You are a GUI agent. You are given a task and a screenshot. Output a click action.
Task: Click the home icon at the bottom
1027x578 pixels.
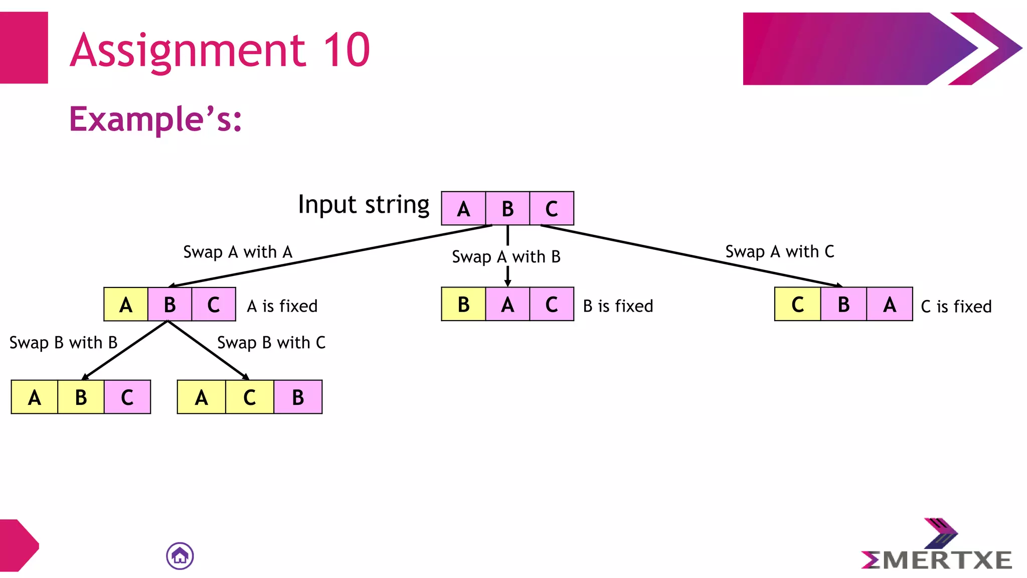click(x=180, y=556)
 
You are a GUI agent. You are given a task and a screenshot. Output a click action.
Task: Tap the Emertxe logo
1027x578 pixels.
click(x=937, y=547)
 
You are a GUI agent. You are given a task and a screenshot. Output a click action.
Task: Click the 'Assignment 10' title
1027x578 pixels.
click(x=220, y=50)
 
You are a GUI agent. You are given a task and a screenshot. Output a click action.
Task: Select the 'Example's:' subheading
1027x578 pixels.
click(x=155, y=119)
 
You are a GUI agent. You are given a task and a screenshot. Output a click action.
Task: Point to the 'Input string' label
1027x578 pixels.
click(x=364, y=205)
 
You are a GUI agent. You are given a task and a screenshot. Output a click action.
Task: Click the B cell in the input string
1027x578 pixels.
click(x=507, y=208)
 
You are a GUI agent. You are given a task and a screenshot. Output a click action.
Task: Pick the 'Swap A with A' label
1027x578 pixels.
click(x=238, y=252)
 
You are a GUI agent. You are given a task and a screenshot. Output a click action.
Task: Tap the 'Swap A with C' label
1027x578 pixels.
click(x=780, y=251)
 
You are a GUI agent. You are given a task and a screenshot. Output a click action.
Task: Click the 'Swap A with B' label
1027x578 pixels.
click(x=506, y=257)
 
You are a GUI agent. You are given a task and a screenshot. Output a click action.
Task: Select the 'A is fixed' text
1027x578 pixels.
click(x=282, y=306)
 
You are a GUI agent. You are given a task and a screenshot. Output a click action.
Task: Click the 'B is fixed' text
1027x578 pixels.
click(x=618, y=306)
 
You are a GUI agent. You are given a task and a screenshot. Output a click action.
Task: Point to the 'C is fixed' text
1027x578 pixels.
click(x=956, y=307)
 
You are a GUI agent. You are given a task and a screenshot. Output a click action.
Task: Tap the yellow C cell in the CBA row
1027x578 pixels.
click(x=797, y=304)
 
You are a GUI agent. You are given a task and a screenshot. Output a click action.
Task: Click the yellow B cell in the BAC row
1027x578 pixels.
click(x=463, y=304)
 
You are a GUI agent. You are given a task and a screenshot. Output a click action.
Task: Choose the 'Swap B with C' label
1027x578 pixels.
click(x=271, y=343)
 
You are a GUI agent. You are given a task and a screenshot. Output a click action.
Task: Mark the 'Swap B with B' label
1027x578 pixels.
click(x=64, y=343)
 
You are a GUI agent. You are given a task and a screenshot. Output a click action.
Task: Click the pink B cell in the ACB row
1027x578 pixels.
click(x=298, y=397)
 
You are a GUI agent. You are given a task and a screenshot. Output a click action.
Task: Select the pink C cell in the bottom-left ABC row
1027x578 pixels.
click(x=127, y=397)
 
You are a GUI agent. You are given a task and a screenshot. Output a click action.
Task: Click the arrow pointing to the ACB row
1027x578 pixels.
click(x=208, y=350)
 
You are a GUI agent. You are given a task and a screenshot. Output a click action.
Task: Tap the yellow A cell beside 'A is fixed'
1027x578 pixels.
click(x=126, y=304)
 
